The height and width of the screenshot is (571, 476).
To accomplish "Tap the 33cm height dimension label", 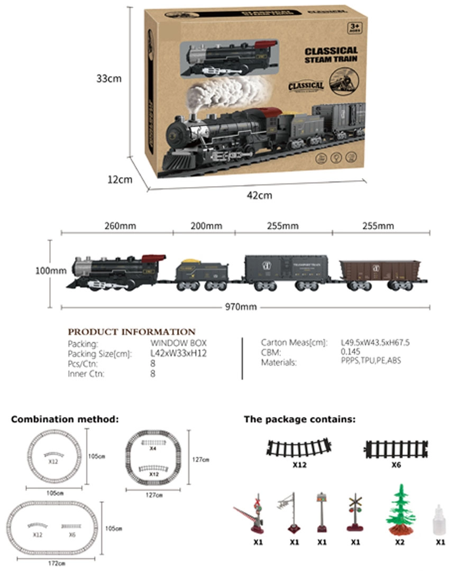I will point(109,78).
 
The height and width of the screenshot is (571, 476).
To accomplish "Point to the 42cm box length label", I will point(259,195).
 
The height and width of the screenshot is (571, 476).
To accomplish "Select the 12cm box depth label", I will point(120,179).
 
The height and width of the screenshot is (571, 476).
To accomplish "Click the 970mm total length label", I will point(245,307).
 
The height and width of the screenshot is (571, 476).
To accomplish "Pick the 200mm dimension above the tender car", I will point(206,226).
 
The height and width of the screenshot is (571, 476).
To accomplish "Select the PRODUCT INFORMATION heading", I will point(132,332).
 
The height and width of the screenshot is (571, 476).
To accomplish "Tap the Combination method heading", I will point(65,419).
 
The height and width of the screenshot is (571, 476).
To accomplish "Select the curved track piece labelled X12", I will point(299,448).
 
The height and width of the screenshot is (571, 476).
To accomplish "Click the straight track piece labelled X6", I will point(396,449).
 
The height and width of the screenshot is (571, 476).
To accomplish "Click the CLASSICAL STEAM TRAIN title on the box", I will point(331,54).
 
